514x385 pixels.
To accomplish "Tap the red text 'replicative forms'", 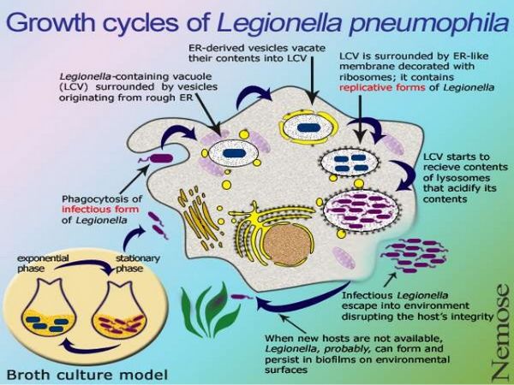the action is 382,88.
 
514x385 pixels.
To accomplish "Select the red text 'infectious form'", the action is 100,210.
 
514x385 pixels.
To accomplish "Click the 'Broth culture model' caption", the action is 87,374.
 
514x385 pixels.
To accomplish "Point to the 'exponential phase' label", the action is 43,264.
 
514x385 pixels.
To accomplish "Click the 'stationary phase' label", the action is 138,264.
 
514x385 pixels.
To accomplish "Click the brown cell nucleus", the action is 288,244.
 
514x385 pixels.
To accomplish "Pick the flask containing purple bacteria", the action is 119,307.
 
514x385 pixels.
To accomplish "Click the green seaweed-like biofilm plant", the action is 211,310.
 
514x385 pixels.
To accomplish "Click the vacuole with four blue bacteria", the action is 350,163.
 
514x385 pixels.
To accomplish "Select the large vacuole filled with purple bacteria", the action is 362,210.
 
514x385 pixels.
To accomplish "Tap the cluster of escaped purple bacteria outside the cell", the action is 415,255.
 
